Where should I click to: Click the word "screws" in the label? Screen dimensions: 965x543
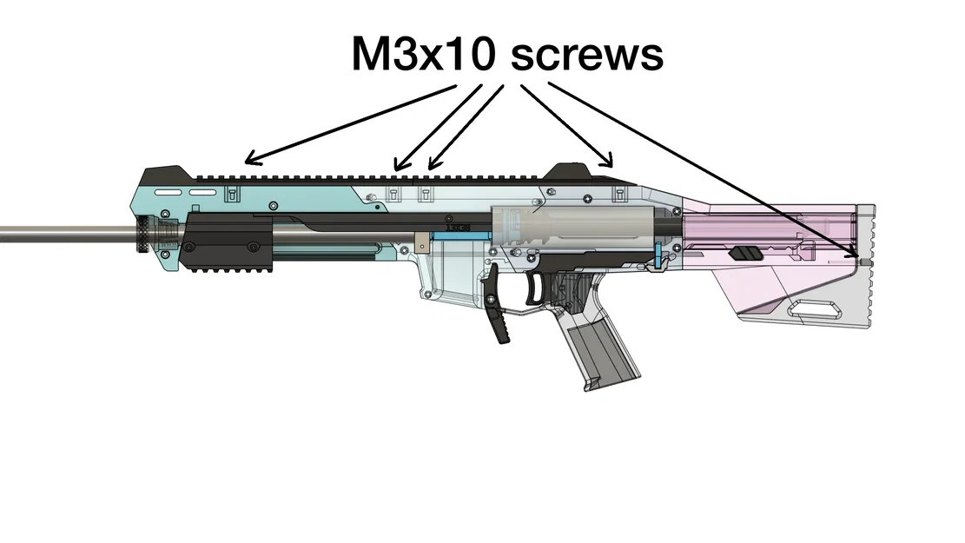pyautogui.click(x=587, y=55)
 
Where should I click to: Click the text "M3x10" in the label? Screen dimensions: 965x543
pyautogui.click(x=423, y=54)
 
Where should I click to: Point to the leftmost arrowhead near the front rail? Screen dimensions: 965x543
pyautogui.click(x=253, y=159)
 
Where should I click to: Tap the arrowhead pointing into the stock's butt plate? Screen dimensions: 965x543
pyautogui.click(x=852, y=252)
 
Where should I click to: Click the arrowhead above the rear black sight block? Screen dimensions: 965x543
pyautogui.click(x=607, y=161)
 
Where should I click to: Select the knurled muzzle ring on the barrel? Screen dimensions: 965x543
pyautogui.click(x=143, y=234)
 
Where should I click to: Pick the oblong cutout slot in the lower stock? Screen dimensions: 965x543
pyautogui.click(x=816, y=309)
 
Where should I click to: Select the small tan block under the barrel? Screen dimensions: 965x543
pyautogui.click(x=421, y=242)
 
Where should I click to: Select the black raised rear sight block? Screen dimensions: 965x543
pyautogui.click(x=572, y=171)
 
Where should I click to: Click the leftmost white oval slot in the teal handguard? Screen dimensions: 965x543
pyautogui.click(x=168, y=193)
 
